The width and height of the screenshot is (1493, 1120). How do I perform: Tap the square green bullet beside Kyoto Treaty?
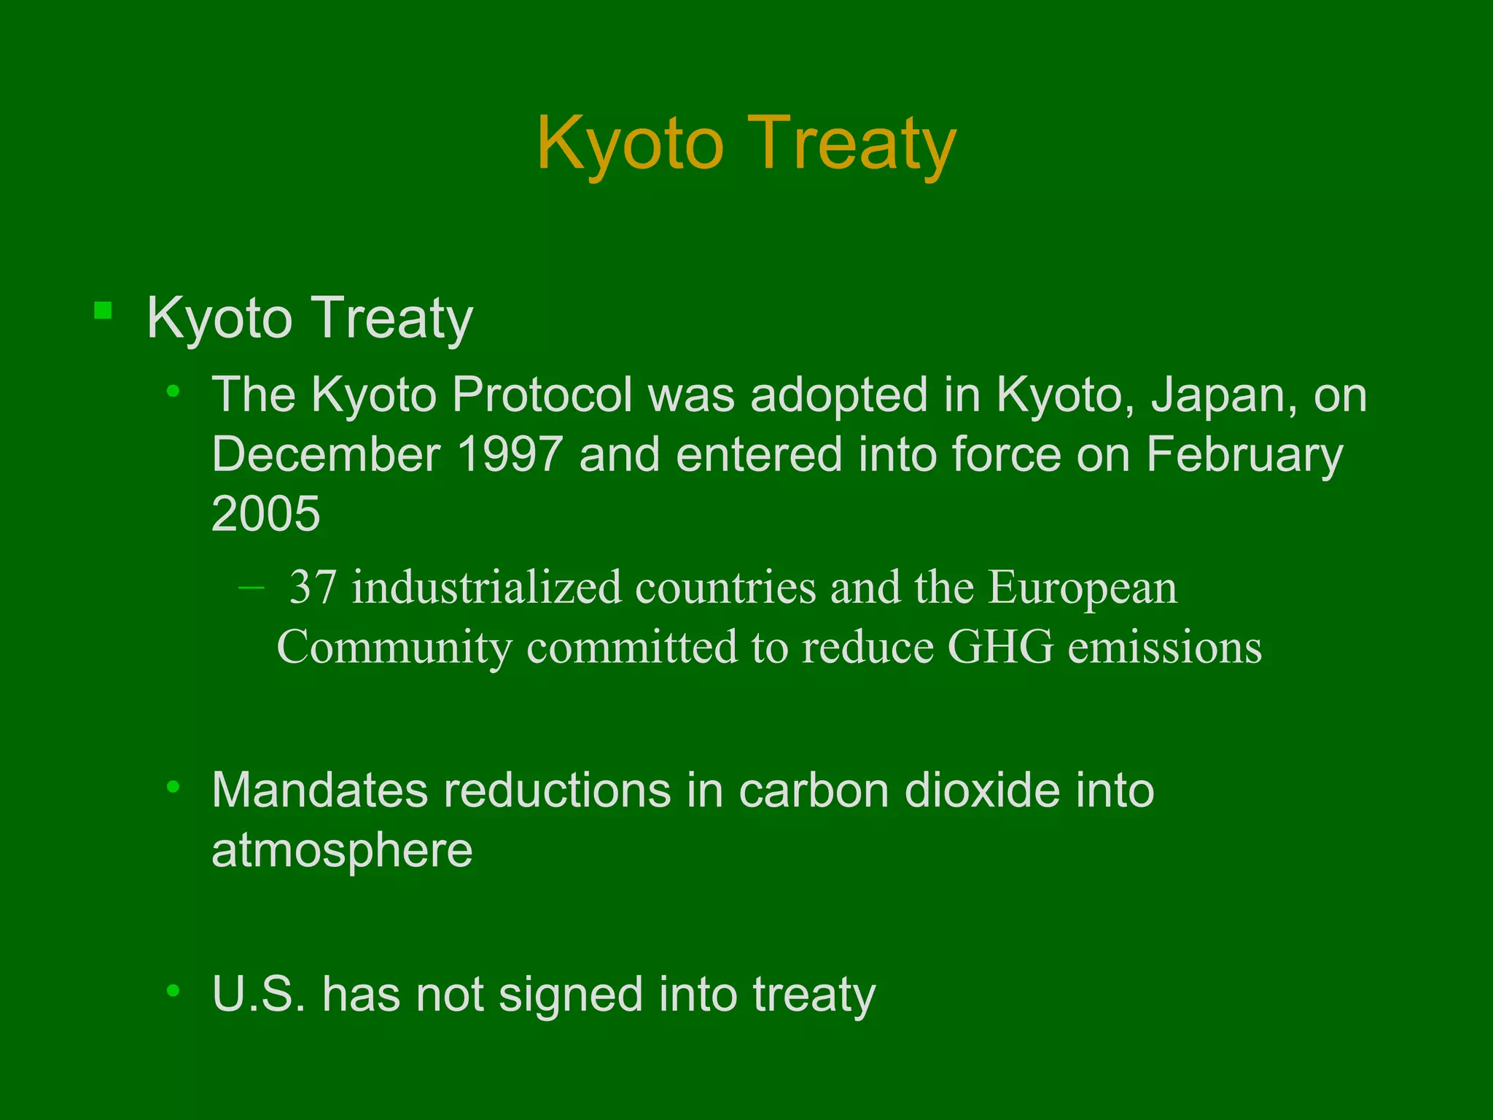click(x=103, y=311)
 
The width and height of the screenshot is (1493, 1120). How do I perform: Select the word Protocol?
click(x=542, y=396)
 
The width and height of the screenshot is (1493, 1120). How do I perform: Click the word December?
click(x=326, y=454)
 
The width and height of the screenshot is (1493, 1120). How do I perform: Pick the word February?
click(x=1244, y=454)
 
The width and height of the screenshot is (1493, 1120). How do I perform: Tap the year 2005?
click(x=265, y=513)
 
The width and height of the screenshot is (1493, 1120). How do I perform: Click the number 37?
click(x=313, y=587)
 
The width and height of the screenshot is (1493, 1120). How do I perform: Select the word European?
click(x=1082, y=587)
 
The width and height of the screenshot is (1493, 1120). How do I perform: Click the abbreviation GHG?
click(x=1000, y=647)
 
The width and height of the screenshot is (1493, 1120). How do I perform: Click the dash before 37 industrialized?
click(x=252, y=586)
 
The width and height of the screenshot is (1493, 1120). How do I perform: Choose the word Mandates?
click(x=320, y=790)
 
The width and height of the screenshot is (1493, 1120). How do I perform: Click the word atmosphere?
click(x=342, y=850)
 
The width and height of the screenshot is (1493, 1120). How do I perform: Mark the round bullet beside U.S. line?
click(x=173, y=990)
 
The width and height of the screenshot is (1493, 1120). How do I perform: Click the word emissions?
click(x=1164, y=647)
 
